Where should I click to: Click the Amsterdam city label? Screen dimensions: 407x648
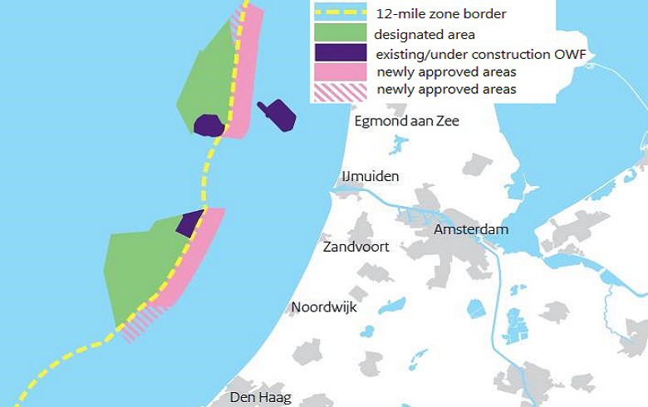(x=471, y=228)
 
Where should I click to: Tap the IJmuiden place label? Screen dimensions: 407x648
(x=371, y=176)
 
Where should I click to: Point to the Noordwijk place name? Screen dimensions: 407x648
(x=324, y=307)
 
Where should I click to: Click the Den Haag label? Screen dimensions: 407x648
(x=261, y=397)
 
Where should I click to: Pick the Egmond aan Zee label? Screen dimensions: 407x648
(x=406, y=121)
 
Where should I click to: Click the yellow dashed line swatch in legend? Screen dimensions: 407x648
(x=339, y=13)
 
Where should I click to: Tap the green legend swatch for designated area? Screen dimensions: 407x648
(x=339, y=33)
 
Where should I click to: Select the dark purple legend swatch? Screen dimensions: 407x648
(x=339, y=52)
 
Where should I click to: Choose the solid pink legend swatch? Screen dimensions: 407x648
(x=339, y=71)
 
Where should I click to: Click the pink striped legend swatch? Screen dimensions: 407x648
(x=339, y=90)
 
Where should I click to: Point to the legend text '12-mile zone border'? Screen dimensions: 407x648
(x=440, y=14)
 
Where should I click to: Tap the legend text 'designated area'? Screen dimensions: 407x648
(x=424, y=34)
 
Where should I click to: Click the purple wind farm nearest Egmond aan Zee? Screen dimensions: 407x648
(x=277, y=115)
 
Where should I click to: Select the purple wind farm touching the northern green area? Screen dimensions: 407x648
(x=209, y=125)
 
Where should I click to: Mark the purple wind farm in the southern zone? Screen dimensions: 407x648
(x=189, y=223)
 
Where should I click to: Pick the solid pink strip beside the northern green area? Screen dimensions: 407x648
(x=245, y=75)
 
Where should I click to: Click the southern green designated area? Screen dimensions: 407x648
(x=141, y=266)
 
